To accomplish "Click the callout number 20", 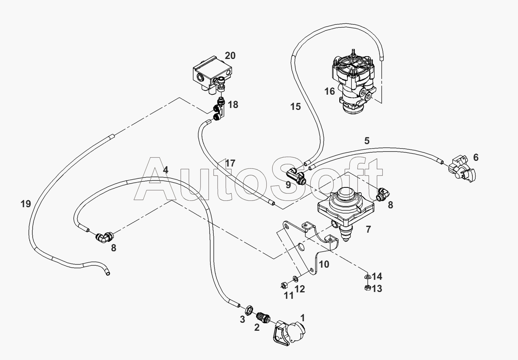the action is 230,56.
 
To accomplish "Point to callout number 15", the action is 296,107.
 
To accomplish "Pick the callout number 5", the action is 367,141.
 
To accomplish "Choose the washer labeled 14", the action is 367,276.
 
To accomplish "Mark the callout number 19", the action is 26,204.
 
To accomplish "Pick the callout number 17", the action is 230,163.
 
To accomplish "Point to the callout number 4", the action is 165,170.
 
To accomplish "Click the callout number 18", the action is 233,104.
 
